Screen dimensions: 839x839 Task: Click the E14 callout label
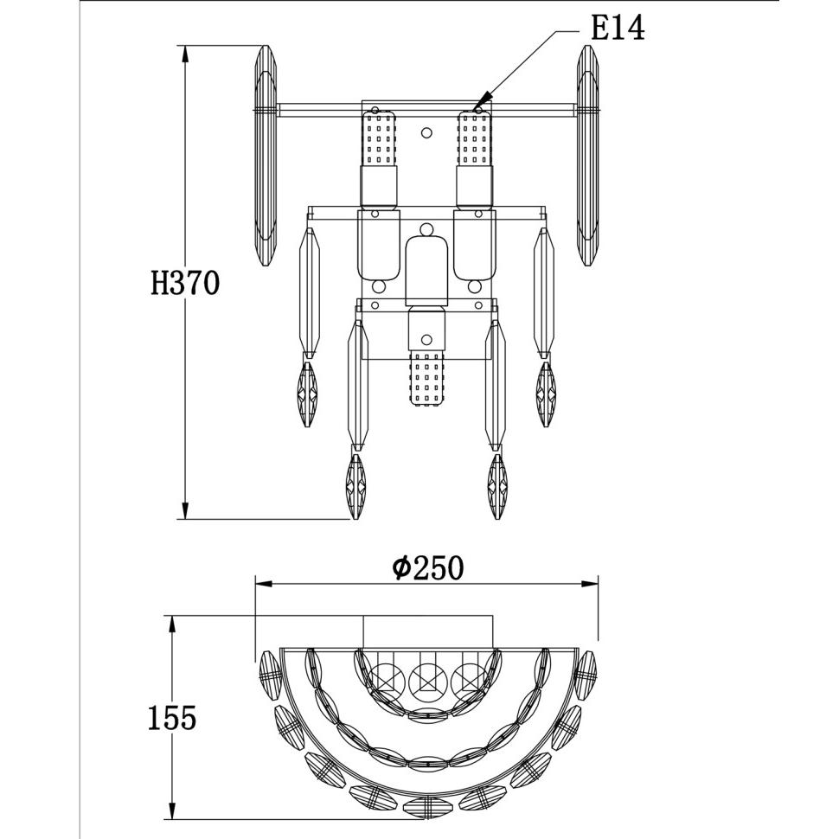coord(618,29)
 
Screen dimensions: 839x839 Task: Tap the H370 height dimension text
coord(185,283)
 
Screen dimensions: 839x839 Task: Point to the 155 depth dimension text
coord(172,718)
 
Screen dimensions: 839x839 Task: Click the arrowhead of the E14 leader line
coord(482,101)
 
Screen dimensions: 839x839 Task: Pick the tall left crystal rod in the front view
coord(266,156)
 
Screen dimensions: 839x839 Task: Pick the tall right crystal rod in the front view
coord(587,156)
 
